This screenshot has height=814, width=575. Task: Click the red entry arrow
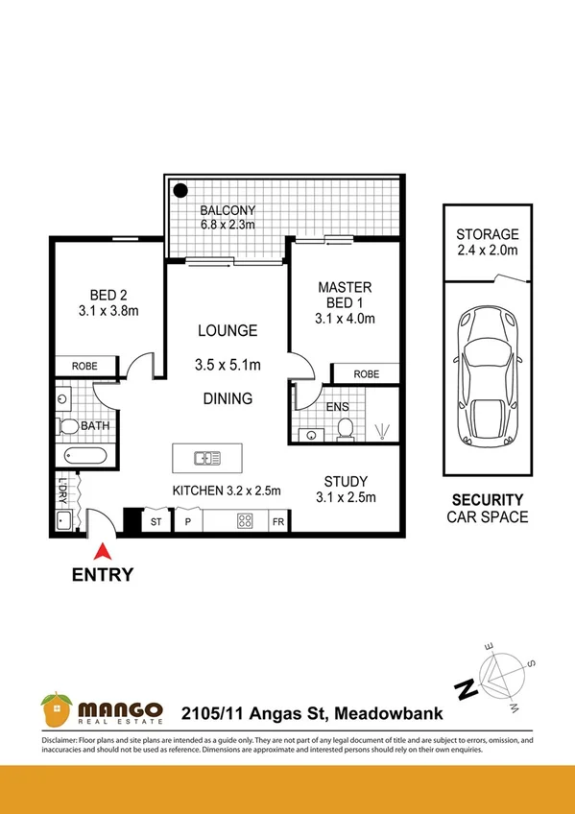point(101,551)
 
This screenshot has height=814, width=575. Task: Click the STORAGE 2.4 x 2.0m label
point(487,242)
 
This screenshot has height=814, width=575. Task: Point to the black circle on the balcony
point(180,190)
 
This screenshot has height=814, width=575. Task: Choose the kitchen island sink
point(207,458)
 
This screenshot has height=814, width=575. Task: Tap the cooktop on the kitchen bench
point(245,522)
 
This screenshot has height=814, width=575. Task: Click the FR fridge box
point(277,522)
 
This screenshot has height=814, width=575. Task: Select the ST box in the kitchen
point(156,522)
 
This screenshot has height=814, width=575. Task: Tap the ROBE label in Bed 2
point(85,367)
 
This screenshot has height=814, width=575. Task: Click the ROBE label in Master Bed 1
point(365,374)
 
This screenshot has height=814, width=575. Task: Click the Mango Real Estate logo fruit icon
point(57,710)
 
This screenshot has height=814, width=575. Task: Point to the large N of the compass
point(465,688)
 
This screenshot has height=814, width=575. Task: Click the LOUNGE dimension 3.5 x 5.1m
point(228,366)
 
